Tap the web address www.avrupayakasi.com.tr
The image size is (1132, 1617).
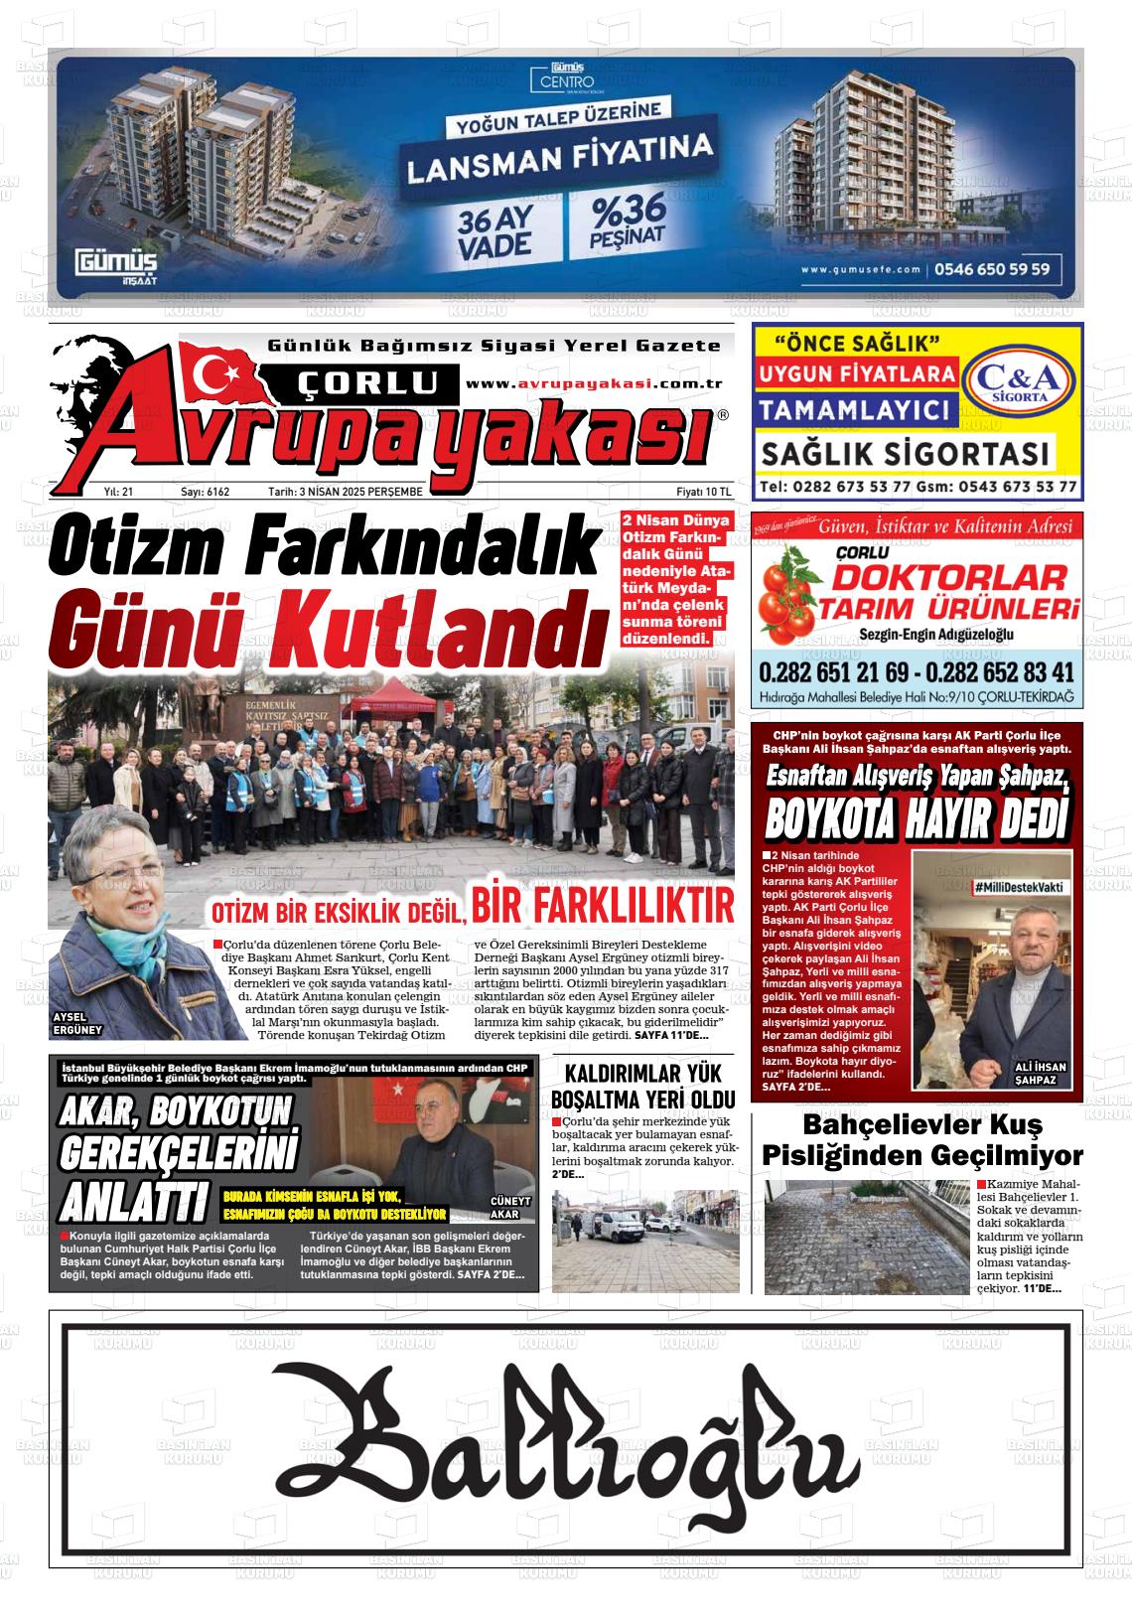coord(593,384)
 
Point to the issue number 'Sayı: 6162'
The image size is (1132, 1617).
coord(205,492)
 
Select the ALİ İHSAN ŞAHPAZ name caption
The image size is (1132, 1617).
coord(1041,1073)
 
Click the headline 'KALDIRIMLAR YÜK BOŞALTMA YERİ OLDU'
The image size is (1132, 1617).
coord(642,1087)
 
